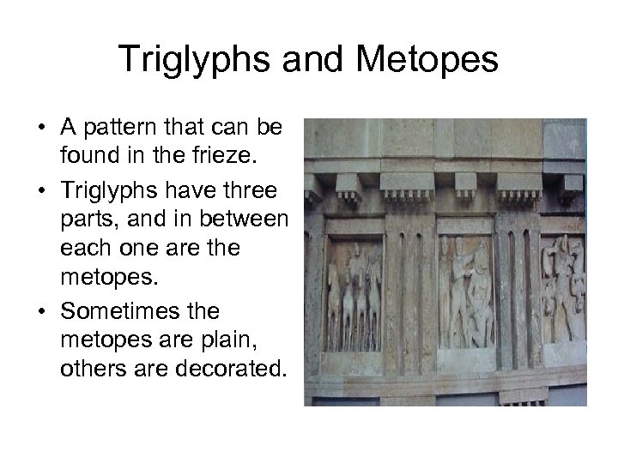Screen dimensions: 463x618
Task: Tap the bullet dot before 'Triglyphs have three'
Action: [x=43, y=189]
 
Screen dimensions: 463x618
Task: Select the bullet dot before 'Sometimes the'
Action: [x=43, y=310]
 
